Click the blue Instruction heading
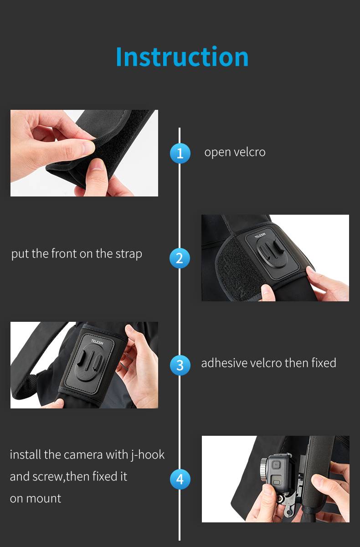182,57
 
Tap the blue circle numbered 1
180,153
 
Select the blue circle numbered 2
180,258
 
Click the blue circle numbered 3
180,366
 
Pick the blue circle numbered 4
180,479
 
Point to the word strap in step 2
129,254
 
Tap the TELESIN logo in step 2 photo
260,235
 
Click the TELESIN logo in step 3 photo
98,342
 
